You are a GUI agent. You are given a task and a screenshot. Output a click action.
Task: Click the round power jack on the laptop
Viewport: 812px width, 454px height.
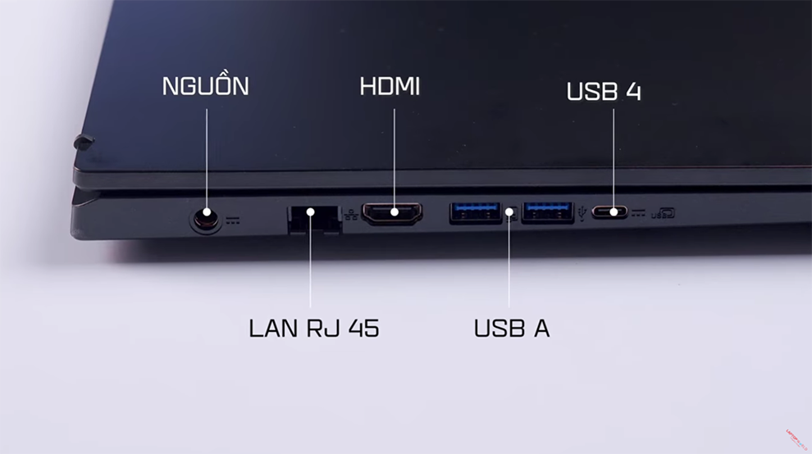pos(205,219)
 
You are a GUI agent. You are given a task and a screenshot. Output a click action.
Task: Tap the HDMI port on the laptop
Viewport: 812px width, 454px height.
pos(393,214)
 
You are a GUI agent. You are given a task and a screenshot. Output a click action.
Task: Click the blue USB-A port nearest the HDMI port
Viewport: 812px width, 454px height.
pos(475,213)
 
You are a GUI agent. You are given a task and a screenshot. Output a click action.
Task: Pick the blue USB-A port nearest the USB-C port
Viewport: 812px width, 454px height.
pos(547,213)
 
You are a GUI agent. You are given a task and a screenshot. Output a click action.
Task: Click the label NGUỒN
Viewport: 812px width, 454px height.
pos(205,86)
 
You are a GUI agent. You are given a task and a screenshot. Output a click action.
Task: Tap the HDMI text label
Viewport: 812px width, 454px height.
pos(390,86)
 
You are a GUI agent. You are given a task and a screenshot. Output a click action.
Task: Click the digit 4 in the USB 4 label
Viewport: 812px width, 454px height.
pos(632,91)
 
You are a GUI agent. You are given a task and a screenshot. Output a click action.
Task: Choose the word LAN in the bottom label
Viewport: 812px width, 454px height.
pos(274,328)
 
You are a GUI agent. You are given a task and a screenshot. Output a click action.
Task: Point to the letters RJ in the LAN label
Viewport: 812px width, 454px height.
pos(319,328)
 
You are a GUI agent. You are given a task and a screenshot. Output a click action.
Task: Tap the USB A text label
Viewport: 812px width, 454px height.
pos(511,328)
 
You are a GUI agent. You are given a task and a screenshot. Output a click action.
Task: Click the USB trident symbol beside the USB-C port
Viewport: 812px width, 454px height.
pos(583,213)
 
